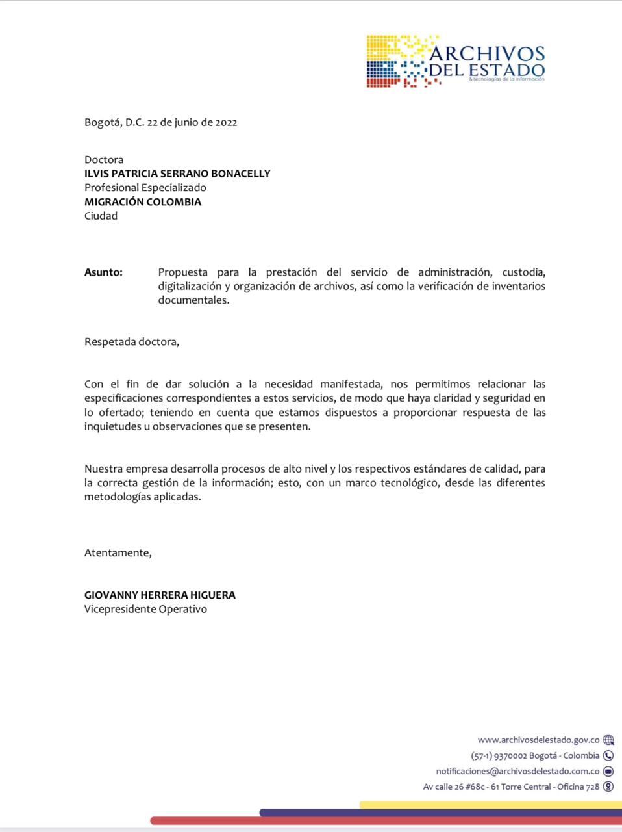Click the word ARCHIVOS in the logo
[x=487, y=53]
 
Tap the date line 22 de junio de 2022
[x=192, y=122]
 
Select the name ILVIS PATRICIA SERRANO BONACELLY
[x=177, y=174]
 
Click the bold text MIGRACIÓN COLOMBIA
[x=143, y=201]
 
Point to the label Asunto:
[x=103, y=272]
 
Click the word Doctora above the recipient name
[x=104, y=159]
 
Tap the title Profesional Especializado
[x=145, y=188]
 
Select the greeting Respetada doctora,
[x=132, y=342]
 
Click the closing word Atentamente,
[x=118, y=553]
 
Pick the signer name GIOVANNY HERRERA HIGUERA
[x=160, y=595]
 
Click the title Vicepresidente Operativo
[x=145, y=610]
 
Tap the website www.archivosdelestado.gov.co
[x=538, y=740]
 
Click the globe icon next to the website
[x=608, y=740]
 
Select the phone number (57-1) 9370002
[x=499, y=755]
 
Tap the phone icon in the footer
[x=608, y=755]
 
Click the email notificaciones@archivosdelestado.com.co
[x=517, y=771]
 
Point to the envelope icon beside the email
[x=608, y=771]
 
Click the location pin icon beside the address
[x=608, y=786]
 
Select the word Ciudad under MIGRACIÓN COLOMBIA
[x=101, y=216]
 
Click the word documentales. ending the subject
[x=193, y=300]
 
